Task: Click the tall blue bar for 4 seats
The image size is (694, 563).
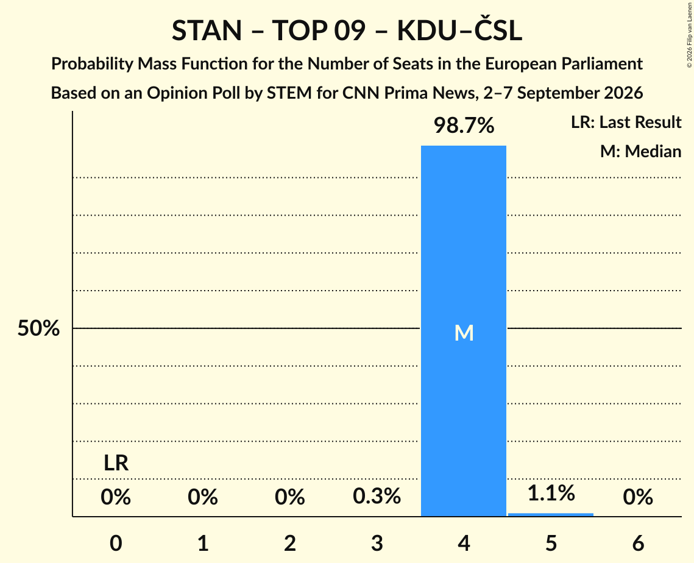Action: [464, 331]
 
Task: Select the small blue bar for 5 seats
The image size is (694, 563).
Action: [551, 514]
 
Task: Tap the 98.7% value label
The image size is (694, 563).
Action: [464, 126]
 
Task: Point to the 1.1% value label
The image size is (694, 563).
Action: [551, 493]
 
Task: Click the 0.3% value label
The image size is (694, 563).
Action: [377, 496]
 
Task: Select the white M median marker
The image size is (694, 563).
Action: [464, 333]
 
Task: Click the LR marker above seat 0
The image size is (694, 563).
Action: [116, 464]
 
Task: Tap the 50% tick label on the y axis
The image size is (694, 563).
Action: [38, 328]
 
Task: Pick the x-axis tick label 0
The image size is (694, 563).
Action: [116, 543]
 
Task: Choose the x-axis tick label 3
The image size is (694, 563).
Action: [377, 543]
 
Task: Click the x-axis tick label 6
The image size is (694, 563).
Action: [638, 543]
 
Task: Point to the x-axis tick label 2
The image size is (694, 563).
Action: [290, 543]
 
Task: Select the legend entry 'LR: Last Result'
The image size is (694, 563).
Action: [626, 122]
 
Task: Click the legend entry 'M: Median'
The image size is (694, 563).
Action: [640, 151]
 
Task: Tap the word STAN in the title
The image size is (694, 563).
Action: [207, 30]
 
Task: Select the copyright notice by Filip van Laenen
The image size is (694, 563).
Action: [690, 35]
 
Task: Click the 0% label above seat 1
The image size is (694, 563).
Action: [203, 497]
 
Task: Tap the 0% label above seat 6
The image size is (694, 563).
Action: [638, 497]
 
